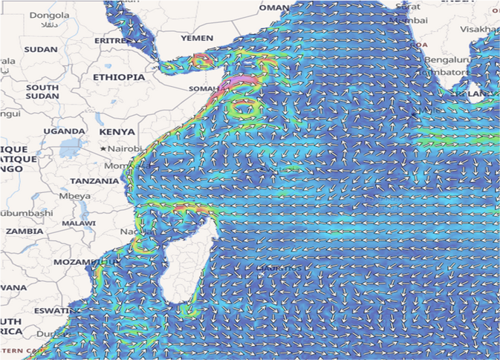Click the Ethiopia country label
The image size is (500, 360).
coord(119,77)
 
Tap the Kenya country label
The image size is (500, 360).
coord(117,132)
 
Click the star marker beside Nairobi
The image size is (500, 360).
coord(103,149)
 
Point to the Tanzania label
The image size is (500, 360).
coord(94,181)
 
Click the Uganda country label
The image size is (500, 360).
coord(64,131)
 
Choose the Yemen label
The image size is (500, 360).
coord(197,38)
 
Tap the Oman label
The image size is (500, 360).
coord(273,7)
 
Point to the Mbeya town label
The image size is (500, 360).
coord(76,196)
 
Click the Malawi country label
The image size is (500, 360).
coord(79,223)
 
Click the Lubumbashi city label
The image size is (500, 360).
coord(26,213)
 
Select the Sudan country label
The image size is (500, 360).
coord(41,49)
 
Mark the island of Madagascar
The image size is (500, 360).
coord(189,260)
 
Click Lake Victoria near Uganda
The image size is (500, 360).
coord(74,147)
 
